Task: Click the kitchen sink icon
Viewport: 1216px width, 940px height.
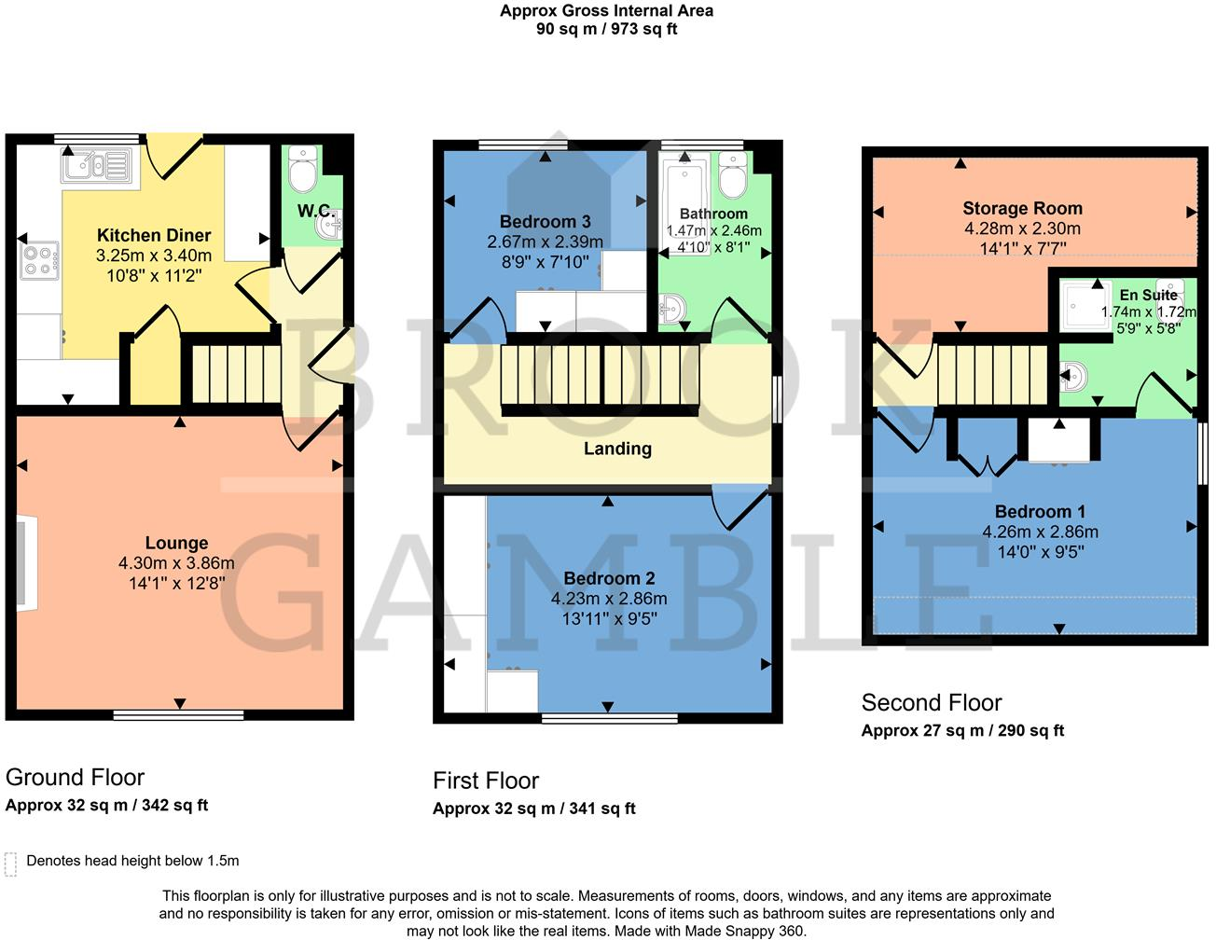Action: pos(96,166)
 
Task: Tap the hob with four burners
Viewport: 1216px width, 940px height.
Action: pos(39,260)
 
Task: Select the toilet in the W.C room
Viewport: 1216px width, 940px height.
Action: pos(303,169)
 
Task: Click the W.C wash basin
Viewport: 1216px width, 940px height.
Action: pos(329,224)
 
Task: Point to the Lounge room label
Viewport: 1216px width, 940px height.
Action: pos(176,543)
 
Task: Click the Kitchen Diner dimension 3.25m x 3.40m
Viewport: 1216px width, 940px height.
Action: pos(154,256)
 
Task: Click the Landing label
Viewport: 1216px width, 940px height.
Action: pos(617,449)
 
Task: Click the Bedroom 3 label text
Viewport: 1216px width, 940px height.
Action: pos(545,222)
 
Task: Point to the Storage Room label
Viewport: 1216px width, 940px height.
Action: pos(1022,209)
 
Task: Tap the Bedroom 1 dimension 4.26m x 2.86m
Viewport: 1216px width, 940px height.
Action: pos(1040,532)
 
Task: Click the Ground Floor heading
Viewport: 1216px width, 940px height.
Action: pos(76,778)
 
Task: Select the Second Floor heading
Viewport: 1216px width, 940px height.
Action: pos(931,703)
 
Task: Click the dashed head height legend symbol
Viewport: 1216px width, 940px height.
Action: pos(11,864)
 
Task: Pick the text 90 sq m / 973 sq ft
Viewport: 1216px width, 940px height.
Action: pos(606,29)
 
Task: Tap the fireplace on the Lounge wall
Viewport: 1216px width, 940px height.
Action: pos(25,565)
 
